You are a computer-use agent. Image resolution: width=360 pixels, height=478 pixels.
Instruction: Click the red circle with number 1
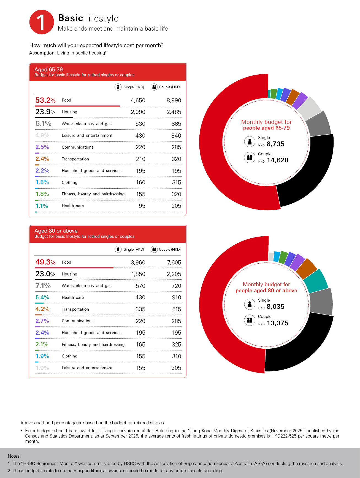pyautogui.click(x=42, y=22)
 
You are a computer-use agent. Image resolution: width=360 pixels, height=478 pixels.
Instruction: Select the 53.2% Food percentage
pyautogui.click(x=45, y=100)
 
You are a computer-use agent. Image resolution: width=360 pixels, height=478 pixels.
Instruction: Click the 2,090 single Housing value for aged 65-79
pyautogui.click(x=138, y=112)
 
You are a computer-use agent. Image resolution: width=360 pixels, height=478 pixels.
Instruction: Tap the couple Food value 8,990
pyautogui.click(x=174, y=100)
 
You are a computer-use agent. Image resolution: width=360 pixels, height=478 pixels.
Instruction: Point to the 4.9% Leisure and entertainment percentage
pyautogui.click(x=42, y=135)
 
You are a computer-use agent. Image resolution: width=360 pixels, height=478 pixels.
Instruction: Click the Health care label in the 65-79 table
pyautogui.click(x=73, y=206)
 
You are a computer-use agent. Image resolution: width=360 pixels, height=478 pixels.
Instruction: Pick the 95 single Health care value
pyautogui.click(x=142, y=206)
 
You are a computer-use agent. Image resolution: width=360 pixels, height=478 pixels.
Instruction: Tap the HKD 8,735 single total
pyautogui.click(x=275, y=144)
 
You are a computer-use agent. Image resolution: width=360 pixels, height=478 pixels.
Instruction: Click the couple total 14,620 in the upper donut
pyautogui.click(x=277, y=160)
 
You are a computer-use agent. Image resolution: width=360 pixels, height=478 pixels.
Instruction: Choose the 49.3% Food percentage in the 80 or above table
pyautogui.click(x=45, y=262)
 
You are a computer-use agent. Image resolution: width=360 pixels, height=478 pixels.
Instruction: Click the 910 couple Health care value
pyautogui.click(x=177, y=297)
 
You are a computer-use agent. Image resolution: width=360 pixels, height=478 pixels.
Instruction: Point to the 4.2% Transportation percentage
pyautogui.click(x=42, y=309)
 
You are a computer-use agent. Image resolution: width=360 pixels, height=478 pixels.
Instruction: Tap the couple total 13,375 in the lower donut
pyautogui.click(x=277, y=323)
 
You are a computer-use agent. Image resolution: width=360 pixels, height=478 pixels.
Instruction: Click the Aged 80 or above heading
pyautogui.click(x=56, y=231)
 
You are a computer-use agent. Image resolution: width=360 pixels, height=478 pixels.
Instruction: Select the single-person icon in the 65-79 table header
pyautogui.click(x=118, y=87)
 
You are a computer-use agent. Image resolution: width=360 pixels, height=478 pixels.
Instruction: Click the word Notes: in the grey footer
pyautogui.click(x=14, y=456)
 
